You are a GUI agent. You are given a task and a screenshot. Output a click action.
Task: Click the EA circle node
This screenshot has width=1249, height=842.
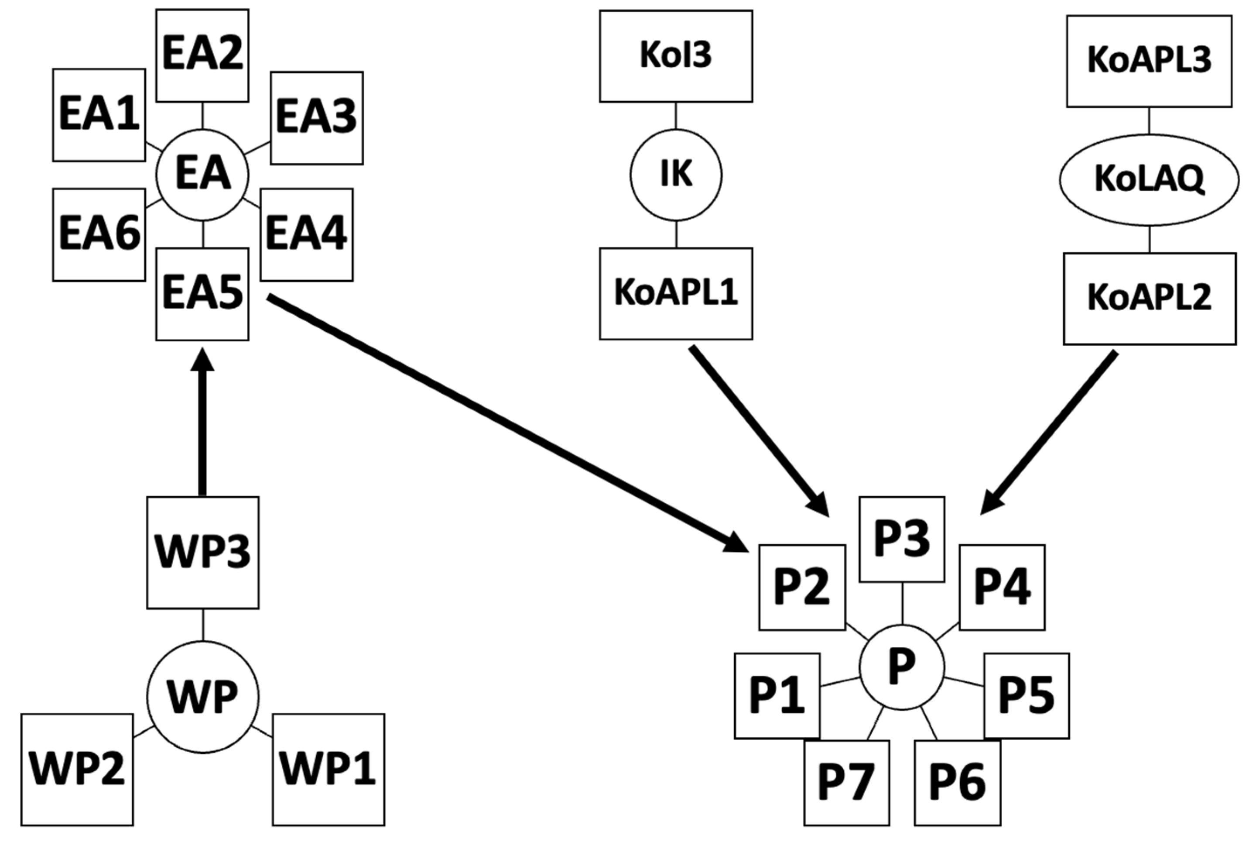click(x=202, y=175)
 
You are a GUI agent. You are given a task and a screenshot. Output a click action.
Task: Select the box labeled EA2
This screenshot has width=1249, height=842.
click(x=202, y=55)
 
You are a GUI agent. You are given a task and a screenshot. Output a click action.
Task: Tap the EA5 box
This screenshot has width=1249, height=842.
click(x=202, y=294)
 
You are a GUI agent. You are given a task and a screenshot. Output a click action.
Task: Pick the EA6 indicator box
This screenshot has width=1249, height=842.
click(x=99, y=235)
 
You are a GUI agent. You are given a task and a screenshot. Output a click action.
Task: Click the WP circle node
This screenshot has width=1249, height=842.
click(x=202, y=697)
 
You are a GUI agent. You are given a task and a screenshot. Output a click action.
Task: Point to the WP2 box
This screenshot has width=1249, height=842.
click(x=77, y=769)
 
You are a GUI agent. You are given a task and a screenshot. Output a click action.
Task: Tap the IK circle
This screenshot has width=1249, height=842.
click(x=676, y=175)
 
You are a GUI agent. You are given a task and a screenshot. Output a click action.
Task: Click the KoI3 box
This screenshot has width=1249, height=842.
click(x=676, y=56)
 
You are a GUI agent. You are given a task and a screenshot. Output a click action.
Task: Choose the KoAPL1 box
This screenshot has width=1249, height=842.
click(x=676, y=293)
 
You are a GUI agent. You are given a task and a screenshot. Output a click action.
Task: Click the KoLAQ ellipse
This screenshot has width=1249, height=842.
click(x=1149, y=180)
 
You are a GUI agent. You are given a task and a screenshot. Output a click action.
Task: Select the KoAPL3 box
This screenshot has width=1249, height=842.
click(x=1149, y=61)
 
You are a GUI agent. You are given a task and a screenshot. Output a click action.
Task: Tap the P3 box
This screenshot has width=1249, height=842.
click(x=902, y=539)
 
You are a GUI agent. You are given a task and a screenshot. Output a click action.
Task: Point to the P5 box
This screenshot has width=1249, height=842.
click(x=1026, y=695)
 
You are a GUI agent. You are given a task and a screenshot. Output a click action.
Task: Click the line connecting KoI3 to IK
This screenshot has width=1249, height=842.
click(x=676, y=115)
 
